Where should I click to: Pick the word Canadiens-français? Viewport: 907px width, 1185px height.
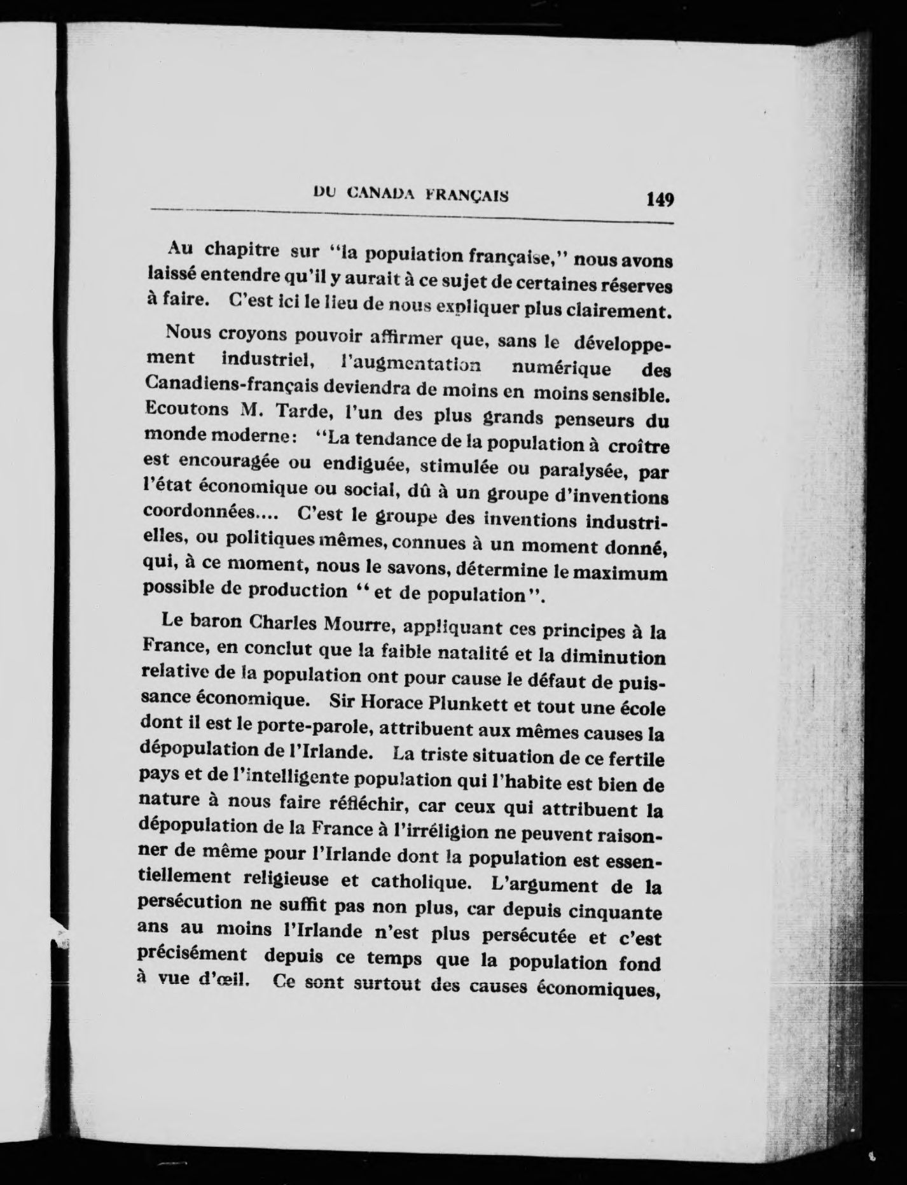[x=231, y=385]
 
